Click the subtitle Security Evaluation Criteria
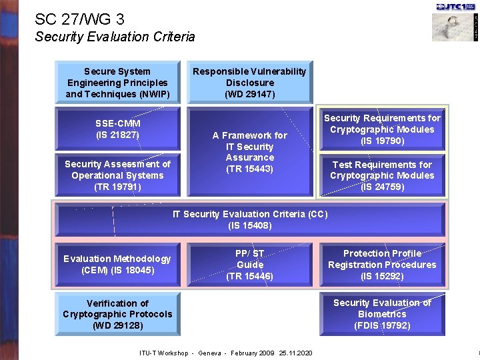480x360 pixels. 115,37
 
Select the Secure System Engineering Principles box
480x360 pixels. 117,83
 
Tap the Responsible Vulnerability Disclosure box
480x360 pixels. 249,83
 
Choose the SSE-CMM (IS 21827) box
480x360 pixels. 117,129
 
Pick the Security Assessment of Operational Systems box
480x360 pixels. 117,175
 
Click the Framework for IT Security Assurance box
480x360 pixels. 249,152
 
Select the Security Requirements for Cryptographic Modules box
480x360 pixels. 382,129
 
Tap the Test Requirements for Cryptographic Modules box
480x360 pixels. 382,175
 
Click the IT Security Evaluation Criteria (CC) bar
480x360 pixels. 249,219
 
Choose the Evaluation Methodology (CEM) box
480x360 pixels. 117,264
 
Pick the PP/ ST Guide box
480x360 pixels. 249,264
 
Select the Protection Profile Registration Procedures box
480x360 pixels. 382,264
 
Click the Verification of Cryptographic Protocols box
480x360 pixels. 117,314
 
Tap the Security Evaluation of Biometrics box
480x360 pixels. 382,314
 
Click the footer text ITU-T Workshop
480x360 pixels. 163,353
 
